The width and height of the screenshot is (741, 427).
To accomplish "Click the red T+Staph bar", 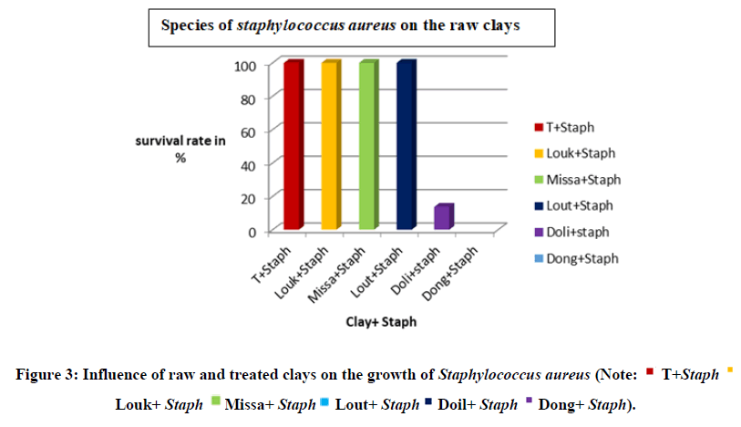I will pos(292,146).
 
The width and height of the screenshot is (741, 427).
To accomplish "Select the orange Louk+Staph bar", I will pos(330,146).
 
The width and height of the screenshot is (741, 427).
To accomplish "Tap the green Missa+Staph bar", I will pos(367,146).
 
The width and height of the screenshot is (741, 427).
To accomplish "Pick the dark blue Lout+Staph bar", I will pos(406,146).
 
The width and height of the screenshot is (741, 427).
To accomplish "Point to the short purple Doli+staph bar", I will pos(443,217).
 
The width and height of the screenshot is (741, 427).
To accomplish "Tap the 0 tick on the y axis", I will pos(251,232).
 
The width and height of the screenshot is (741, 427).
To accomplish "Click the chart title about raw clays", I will pos(340,26).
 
